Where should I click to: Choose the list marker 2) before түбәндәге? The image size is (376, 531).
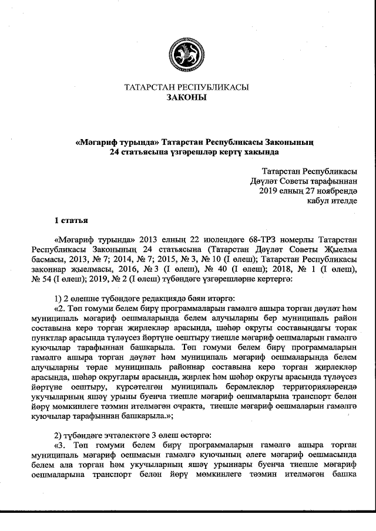[x=58, y=434]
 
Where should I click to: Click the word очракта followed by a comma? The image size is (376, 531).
[x=209, y=408]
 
